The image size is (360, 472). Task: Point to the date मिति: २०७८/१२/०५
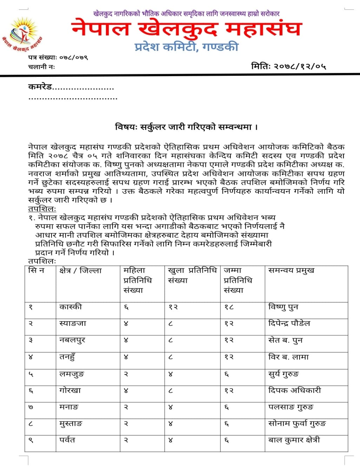click(288, 66)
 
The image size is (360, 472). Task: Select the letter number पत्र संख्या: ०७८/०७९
click(58, 57)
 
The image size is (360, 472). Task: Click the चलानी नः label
click(41, 66)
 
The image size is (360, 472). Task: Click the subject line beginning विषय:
click(186, 127)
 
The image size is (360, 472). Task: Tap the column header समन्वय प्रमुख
click(291, 270)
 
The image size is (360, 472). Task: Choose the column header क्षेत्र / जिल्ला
click(80, 271)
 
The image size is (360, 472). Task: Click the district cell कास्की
click(71, 307)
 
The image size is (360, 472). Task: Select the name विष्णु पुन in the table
click(283, 307)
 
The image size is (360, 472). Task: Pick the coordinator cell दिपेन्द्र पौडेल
click(289, 323)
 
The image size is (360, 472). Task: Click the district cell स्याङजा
click(73, 323)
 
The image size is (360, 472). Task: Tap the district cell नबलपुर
click(72, 340)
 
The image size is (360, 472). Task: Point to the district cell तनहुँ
click(67, 357)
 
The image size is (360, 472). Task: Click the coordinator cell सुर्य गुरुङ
click(284, 374)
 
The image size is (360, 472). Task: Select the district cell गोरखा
click(70, 391)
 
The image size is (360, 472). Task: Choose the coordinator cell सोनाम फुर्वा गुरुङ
click(297, 424)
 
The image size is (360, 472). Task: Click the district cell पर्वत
click(67, 440)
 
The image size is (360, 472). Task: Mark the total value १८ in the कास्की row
click(229, 307)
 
